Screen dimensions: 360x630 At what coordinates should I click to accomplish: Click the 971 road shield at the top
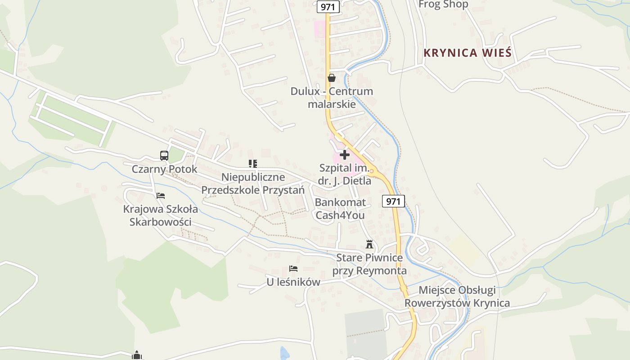pyautogui.click(x=328, y=7)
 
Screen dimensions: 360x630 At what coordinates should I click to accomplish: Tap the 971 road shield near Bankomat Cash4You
pyautogui.click(x=393, y=201)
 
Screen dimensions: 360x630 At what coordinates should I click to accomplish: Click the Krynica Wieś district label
pyautogui.click(x=468, y=53)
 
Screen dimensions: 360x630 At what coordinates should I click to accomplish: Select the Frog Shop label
pyautogui.click(x=443, y=4)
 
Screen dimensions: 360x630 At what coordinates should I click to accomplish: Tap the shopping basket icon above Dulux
pyautogui.click(x=332, y=78)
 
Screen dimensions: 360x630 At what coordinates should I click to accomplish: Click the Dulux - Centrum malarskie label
pyautogui.click(x=332, y=98)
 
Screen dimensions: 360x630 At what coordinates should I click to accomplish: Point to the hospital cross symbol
pyautogui.click(x=345, y=155)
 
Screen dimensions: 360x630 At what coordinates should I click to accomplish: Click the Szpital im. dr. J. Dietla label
pyautogui.click(x=345, y=175)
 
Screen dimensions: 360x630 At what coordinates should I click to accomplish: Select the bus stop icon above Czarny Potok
pyautogui.click(x=164, y=156)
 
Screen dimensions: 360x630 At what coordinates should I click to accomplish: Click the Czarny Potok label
pyautogui.click(x=164, y=169)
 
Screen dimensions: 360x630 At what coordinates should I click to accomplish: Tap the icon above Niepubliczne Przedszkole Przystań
pyautogui.click(x=252, y=164)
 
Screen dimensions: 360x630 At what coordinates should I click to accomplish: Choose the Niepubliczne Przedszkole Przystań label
pyautogui.click(x=252, y=184)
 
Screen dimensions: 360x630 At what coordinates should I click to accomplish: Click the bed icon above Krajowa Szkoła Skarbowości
pyautogui.click(x=161, y=196)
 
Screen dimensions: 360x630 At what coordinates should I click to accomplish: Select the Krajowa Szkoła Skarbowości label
pyautogui.click(x=160, y=216)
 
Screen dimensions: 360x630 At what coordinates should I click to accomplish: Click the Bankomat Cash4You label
pyautogui.click(x=340, y=209)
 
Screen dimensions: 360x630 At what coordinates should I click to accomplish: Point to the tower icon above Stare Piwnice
pyautogui.click(x=369, y=244)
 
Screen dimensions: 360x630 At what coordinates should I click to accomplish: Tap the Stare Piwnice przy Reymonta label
pyautogui.click(x=369, y=264)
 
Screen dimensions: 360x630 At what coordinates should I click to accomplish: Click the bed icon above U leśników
pyautogui.click(x=293, y=269)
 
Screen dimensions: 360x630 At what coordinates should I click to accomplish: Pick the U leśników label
pyautogui.click(x=293, y=282)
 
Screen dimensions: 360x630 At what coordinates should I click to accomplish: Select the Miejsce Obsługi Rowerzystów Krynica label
pyautogui.click(x=457, y=296)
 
